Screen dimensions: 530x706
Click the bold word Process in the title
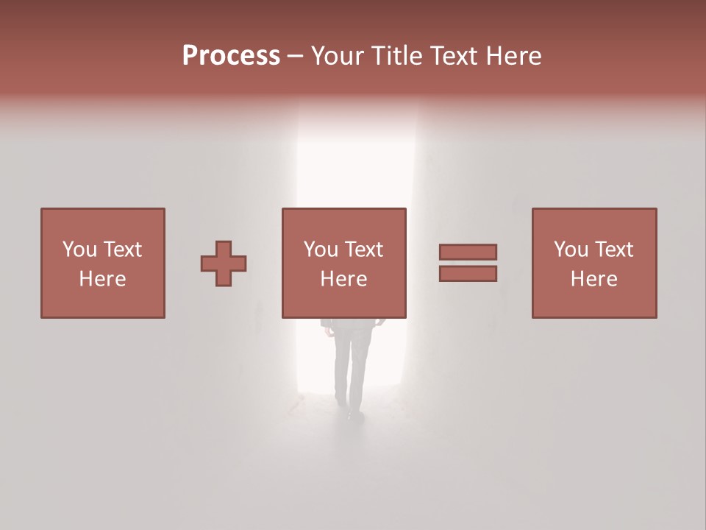click(x=231, y=56)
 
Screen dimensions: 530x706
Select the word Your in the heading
click(x=338, y=56)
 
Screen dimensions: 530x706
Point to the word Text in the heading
click(x=450, y=56)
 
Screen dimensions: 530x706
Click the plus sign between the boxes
click(x=224, y=264)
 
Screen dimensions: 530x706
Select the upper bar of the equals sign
click(x=468, y=252)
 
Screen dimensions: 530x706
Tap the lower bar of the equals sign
click(x=468, y=274)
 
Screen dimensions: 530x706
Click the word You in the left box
click(x=79, y=250)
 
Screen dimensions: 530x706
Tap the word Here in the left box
click(x=102, y=279)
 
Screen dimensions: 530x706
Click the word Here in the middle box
click(x=343, y=279)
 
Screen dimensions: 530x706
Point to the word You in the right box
click(x=570, y=250)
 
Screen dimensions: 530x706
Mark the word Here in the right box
click(x=593, y=279)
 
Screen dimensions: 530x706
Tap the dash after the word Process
click(x=296, y=57)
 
